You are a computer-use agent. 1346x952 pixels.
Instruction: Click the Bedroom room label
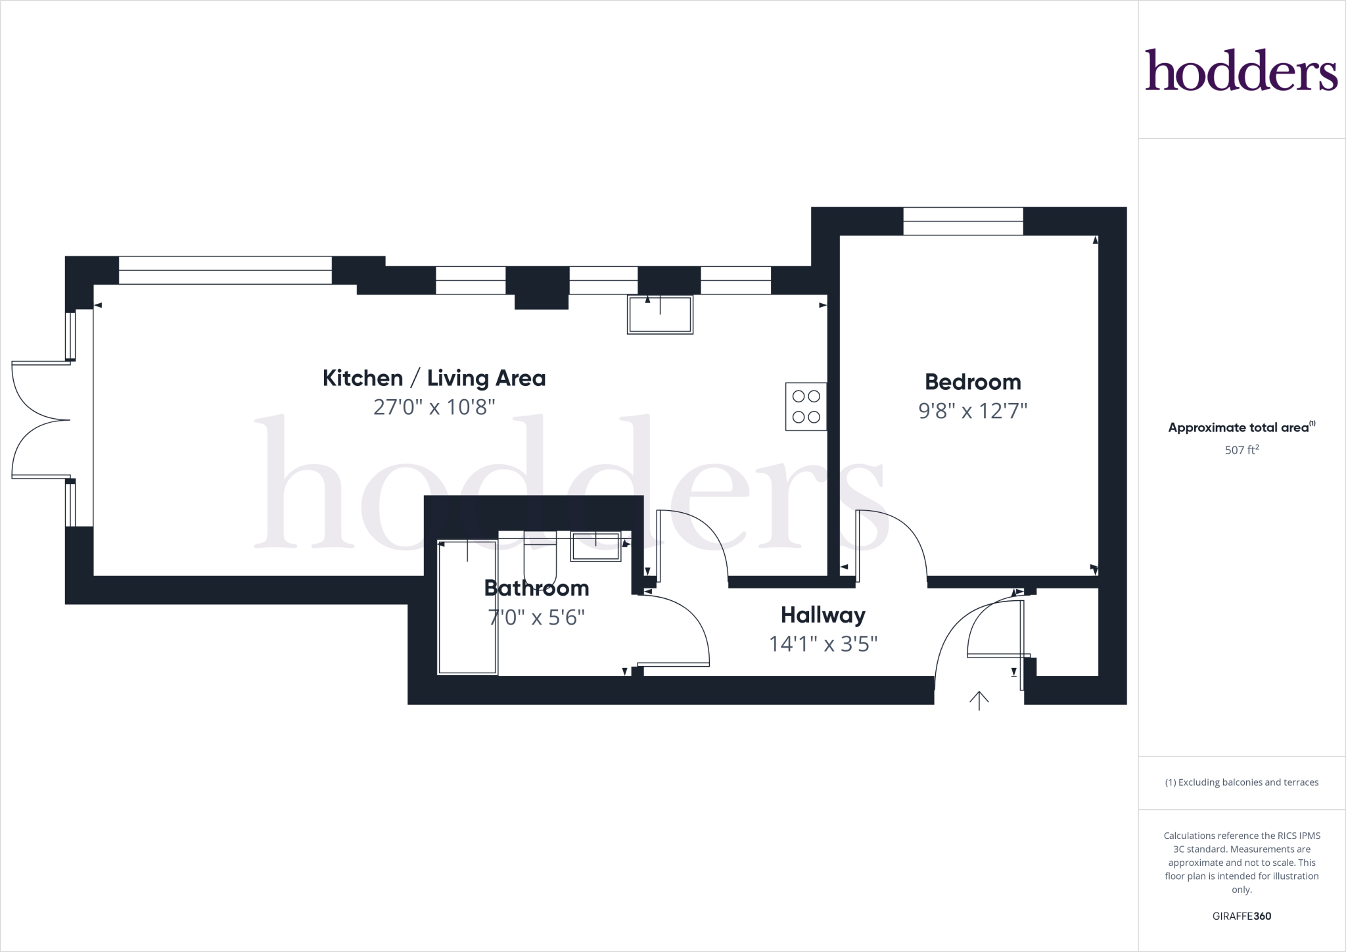973,382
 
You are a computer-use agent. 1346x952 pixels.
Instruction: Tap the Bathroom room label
536,588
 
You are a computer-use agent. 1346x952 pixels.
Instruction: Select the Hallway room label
823,615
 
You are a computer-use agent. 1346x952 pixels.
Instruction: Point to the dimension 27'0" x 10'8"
434,408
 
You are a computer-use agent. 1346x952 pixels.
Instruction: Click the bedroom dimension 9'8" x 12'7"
973,411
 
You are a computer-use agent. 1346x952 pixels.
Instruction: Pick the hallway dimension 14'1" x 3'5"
823,644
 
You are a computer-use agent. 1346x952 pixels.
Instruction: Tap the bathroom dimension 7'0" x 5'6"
536,618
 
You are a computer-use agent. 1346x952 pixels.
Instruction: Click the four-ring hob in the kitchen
806,406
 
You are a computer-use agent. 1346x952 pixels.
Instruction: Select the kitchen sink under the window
660,315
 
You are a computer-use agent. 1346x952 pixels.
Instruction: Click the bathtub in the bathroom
467,607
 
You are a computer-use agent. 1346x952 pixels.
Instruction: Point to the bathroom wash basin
595,547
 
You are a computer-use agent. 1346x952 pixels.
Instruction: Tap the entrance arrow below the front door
979,700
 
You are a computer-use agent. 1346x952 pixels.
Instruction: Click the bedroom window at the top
963,221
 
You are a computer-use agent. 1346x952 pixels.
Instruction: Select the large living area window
225,270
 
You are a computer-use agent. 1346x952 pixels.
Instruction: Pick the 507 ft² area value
1242,450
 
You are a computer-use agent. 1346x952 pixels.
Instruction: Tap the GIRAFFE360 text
1242,916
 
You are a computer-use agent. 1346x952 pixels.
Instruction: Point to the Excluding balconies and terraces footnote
1242,782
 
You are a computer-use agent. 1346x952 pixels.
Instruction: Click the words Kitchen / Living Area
434,379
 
